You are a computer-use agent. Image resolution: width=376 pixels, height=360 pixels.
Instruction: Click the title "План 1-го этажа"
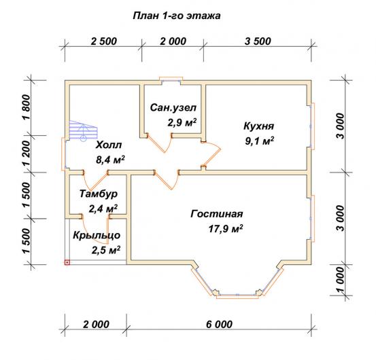tap(177, 16)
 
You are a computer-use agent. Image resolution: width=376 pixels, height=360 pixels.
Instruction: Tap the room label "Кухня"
tap(259, 126)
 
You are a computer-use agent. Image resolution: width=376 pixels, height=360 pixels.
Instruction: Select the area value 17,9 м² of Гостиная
tap(226, 229)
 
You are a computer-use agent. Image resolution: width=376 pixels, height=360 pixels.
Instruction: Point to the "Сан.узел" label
tap(173, 108)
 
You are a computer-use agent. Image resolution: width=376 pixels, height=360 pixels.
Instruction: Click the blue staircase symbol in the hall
tap(83, 130)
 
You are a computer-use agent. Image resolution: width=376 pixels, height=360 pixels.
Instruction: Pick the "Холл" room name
tap(109, 145)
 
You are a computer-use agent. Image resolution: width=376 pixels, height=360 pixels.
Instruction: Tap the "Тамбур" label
tap(99, 194)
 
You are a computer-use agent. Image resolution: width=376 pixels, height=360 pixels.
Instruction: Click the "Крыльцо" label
tap(97, 236)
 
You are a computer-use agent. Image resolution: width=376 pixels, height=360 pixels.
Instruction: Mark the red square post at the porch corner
tap(67, 262)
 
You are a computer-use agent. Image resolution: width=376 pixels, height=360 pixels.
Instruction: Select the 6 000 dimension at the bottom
tap(219, 325)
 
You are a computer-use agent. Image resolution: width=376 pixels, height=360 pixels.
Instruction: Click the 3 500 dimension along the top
tap(258, 41)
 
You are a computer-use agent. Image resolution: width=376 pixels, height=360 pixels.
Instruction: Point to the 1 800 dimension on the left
tap(27, 107)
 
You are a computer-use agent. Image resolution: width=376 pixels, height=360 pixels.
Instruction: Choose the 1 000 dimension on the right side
tap(341, 280)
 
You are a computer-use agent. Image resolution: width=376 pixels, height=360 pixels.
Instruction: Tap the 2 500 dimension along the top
tap(104, 41)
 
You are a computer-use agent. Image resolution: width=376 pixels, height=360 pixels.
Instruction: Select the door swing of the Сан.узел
tap(160, 143)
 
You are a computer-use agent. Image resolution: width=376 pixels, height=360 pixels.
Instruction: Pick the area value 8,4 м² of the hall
tap(110, 160)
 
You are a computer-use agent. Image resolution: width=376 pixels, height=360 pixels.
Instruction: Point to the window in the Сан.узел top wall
tap(171, 79)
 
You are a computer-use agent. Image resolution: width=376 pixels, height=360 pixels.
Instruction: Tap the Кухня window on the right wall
tap(311, 126)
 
